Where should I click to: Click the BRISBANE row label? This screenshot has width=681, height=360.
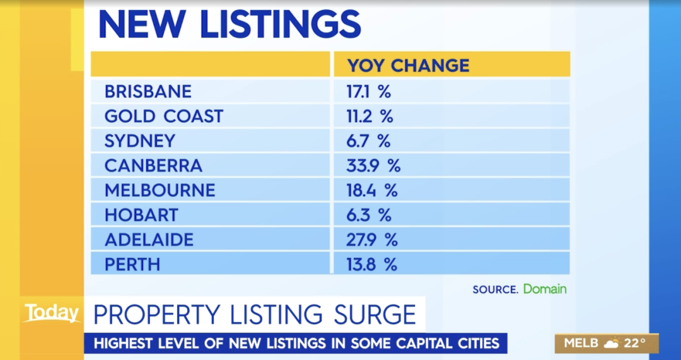148,91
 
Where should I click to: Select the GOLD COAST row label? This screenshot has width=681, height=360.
164,116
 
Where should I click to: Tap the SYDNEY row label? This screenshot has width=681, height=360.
139,141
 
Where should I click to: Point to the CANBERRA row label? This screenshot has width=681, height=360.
153,165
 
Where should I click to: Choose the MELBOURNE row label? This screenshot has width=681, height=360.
160,190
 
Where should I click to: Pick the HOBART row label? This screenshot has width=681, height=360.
141,215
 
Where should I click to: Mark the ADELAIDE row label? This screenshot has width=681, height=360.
149,240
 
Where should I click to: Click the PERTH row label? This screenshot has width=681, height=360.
132,264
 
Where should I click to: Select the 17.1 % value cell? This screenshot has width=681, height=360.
369,91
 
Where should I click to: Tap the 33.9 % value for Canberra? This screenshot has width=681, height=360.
373,165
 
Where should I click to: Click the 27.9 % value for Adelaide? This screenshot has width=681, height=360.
372,240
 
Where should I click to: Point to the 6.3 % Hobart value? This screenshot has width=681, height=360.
369,215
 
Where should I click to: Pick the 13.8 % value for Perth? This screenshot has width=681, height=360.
372,264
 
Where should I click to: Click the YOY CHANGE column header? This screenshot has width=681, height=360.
409,66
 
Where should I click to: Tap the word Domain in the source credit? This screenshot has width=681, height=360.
545,289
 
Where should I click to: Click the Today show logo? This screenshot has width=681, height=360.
52,313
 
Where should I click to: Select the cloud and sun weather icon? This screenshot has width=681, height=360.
611,344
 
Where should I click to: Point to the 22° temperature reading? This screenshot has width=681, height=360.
635,344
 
